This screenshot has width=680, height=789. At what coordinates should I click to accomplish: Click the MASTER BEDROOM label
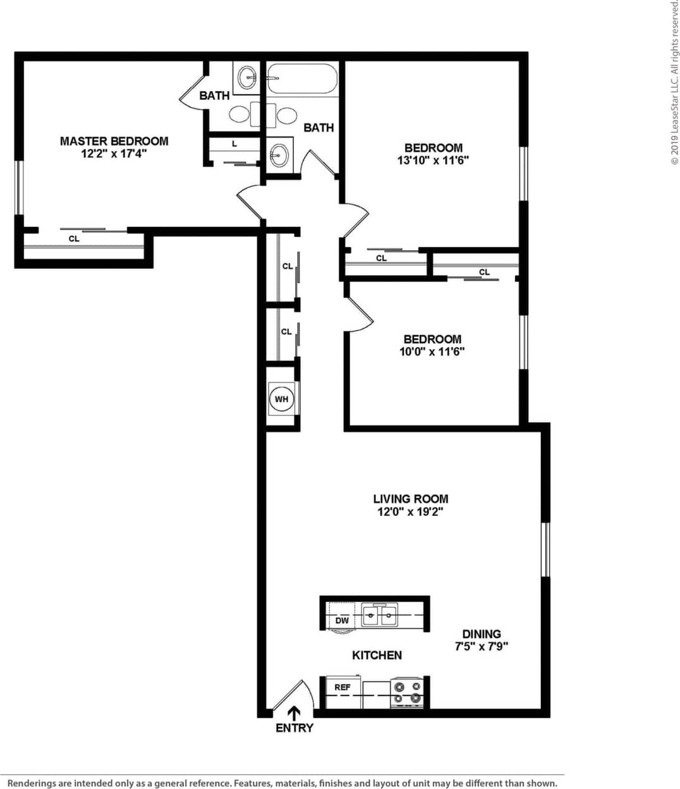tap(114, 141)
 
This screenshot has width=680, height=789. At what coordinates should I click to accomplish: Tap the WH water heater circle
tap(281, 399)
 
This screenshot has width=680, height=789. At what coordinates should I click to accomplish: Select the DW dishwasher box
tap(341, 620)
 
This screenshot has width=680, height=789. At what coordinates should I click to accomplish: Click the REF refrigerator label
tap(343, 687)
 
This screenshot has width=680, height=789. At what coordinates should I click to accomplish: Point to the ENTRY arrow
tap(294, 713)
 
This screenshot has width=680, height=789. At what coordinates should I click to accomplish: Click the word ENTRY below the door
tap(294, 728)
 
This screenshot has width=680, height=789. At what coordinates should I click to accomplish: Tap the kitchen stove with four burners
tap(407, 692)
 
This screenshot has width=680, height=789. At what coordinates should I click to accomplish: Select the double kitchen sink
tap(380, 615)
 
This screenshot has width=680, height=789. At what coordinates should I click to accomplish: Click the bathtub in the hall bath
tap(302, 78)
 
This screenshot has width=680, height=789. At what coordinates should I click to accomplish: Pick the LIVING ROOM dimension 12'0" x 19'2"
tap(410, 512)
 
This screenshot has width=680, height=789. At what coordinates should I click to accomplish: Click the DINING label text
tap(482, 633)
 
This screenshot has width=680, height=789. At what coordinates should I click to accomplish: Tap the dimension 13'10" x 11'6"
tap(433, 161)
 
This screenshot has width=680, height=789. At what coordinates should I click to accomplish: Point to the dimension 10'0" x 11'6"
tap(432, 352)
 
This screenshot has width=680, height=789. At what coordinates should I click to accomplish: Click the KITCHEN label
tap(377, 655)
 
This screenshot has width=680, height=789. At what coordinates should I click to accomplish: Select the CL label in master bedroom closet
tap(74, 239)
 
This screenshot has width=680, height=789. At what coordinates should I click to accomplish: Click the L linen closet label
tap(234, 144)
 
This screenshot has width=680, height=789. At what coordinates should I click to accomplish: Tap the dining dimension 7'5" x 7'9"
tap(482, 647)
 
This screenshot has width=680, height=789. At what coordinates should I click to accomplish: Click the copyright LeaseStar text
tap(674, 82)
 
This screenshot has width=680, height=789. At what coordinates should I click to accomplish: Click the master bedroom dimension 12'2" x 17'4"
tap(114, 154)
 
